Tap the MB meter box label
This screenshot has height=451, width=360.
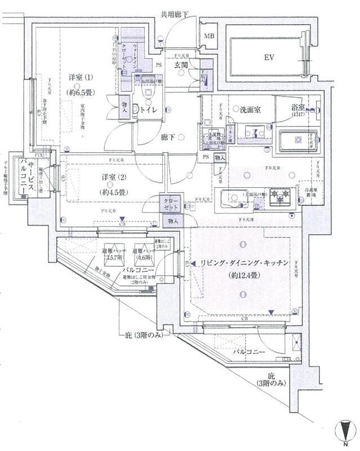tap(209, 37)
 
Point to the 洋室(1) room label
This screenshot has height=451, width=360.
tap(81, 77)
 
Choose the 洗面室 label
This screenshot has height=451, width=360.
tap(249, 109)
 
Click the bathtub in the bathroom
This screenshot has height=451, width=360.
tap(297, 139)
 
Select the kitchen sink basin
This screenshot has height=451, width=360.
tap(234, 198)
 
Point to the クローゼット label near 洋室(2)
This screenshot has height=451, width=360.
tap(171, 204)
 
